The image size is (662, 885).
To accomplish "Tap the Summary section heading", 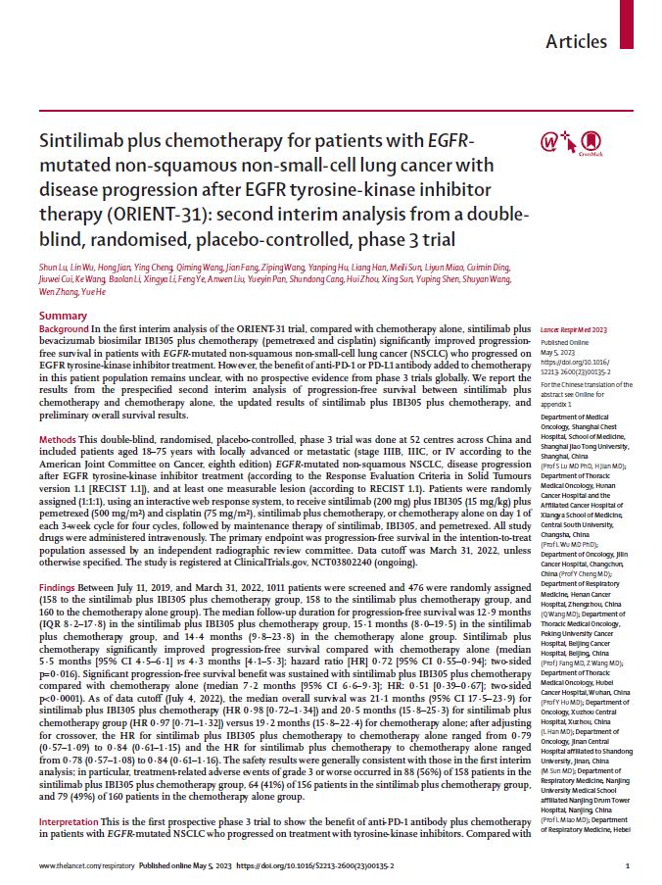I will click(63, 316).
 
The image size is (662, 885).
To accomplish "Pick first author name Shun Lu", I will click(54, 268).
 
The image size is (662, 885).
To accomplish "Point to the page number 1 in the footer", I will click(626, 867).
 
